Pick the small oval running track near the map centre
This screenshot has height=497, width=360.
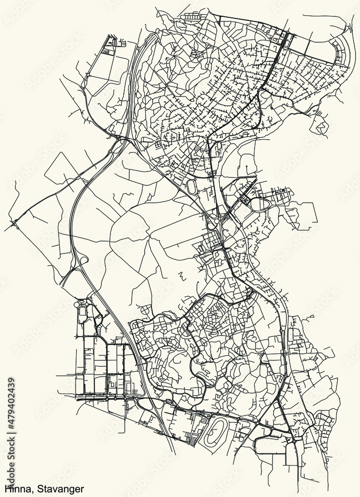point(191,186)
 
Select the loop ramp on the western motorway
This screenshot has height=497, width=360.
point(82,260)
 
